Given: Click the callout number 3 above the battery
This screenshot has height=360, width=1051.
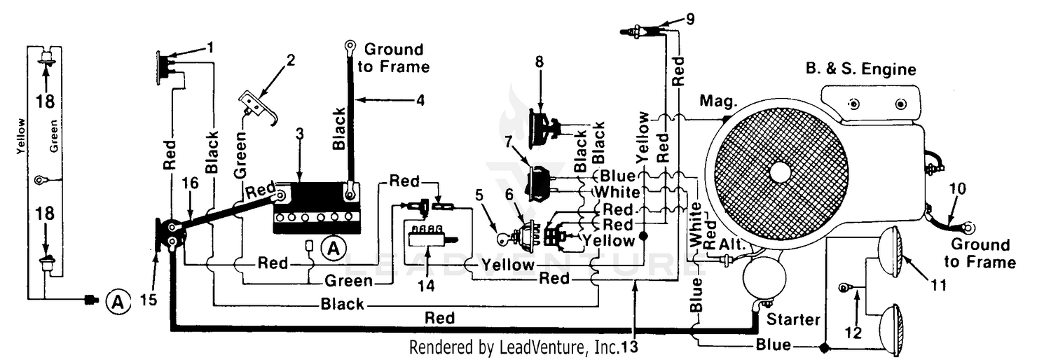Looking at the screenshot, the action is (x=300, y=134).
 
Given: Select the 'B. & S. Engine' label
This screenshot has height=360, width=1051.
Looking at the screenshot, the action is (x=861, y=69).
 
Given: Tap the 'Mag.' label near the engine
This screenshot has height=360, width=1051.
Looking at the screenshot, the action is (x=718, y=101).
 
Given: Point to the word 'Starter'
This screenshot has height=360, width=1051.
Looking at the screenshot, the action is (x=793, y=319).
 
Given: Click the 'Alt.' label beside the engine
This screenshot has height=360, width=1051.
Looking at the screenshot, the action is (x=732, y=244).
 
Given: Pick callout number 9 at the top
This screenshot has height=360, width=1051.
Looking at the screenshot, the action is (x=690, y=19).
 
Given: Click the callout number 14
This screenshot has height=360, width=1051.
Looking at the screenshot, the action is (x=426, y=286).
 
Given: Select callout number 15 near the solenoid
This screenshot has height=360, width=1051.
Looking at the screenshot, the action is (x=149, y=300).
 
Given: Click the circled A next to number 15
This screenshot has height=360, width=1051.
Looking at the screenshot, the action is (x=118, y=302).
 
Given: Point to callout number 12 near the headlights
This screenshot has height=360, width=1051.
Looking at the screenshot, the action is (x=853, y=333).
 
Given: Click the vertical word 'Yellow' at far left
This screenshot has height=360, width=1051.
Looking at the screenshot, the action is (x=20, y=137).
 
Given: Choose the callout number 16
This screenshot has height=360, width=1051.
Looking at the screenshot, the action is (x=191, y=183).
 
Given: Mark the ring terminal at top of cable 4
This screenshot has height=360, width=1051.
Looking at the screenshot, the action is (x=350, y=46).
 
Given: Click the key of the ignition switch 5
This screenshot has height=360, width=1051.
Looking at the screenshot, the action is (x=504, y=240).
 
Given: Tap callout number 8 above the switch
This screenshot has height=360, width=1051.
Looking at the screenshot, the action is (x=540, y=62).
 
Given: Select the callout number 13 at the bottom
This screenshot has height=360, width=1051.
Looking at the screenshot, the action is (x=630, y=347).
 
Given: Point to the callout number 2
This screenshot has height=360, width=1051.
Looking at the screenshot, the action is (x=291, y=60).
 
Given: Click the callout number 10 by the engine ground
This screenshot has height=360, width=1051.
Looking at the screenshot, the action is (x=958, y=189).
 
